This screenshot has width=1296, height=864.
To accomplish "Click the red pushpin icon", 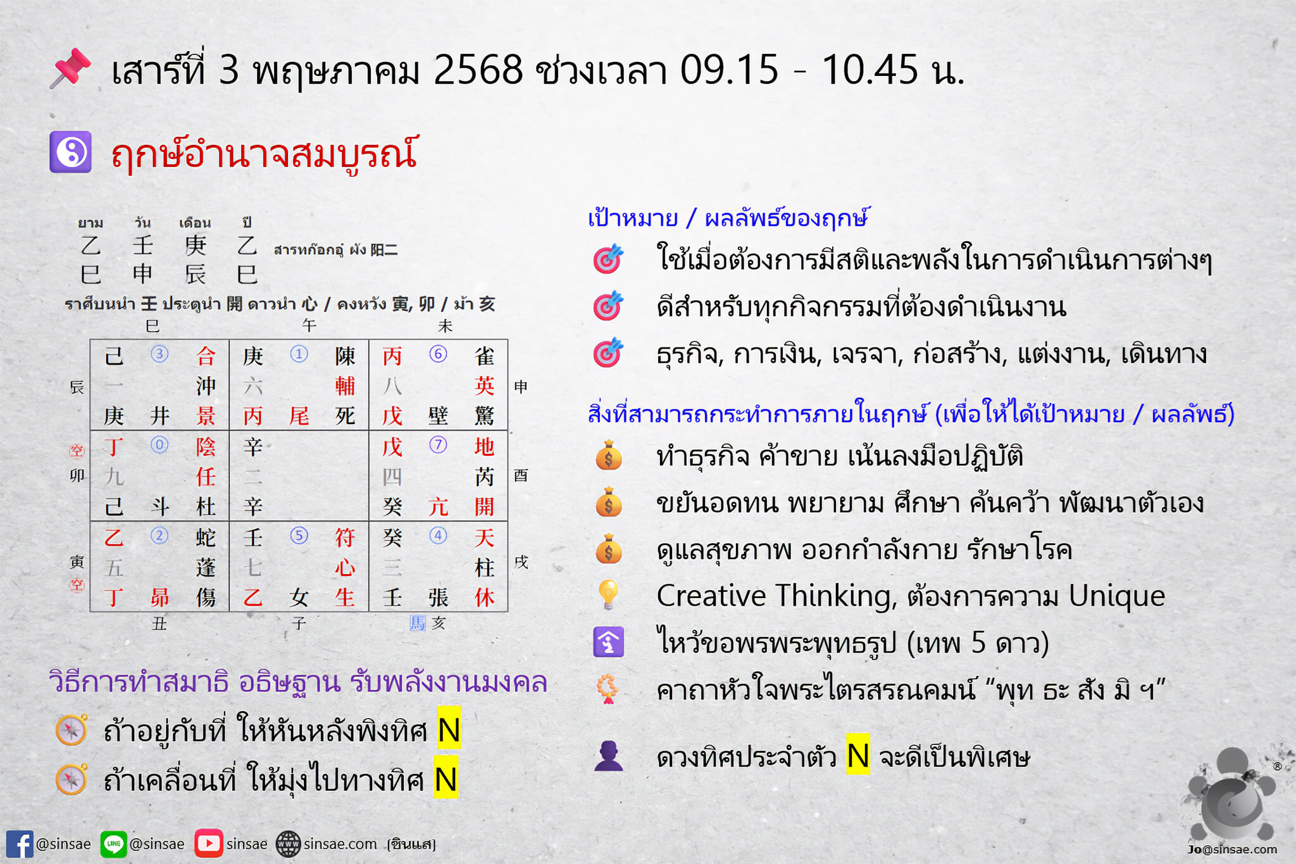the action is point(70,68).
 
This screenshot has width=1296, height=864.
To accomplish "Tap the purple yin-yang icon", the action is point(70,152).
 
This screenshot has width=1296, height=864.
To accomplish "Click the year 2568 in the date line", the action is point(478,69).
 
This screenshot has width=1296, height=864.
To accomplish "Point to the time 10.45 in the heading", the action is point(870,69).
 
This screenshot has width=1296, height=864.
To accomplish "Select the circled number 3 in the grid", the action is point(159,353).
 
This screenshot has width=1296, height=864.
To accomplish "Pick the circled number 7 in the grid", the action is point(438,444).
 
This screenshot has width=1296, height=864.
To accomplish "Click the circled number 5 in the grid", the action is point(299,535).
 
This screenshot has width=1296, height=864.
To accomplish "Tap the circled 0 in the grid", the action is point(159,444).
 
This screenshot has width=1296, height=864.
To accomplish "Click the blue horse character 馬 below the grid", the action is point(418,623).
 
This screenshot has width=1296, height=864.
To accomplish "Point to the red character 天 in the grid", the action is point(484,537).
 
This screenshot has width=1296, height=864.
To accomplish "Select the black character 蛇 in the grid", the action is point(206,537).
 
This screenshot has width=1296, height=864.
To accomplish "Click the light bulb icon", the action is point(608,594).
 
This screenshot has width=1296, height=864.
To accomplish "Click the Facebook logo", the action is point(19,844).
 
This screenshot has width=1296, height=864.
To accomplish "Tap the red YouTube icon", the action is point(208,844).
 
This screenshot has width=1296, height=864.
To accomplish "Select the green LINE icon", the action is point(113,844).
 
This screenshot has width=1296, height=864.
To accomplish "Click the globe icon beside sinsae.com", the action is point(288,844).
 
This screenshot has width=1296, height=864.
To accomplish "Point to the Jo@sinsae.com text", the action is point(1231,849).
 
